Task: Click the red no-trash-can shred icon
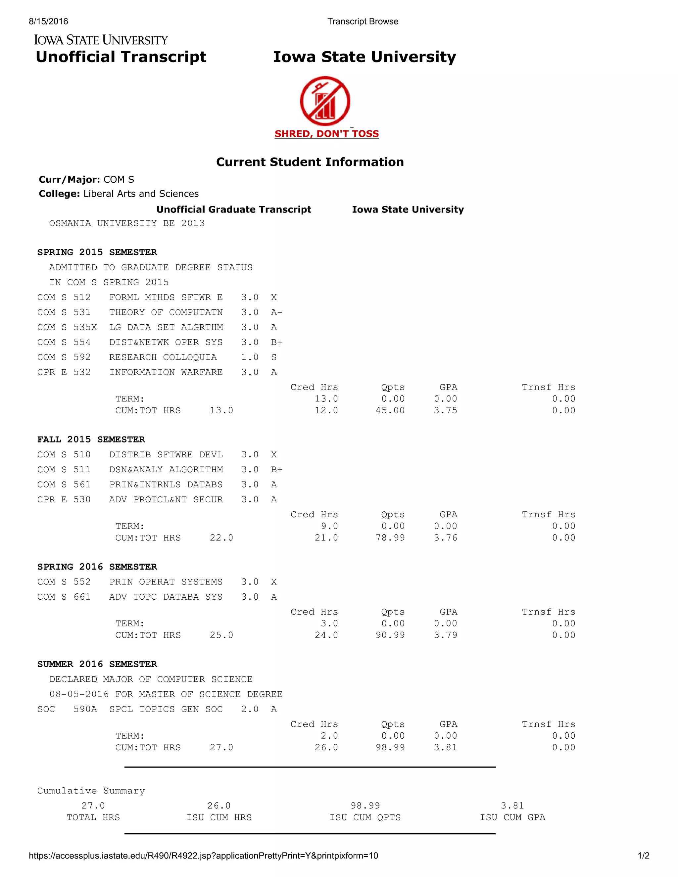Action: tap(325, 101)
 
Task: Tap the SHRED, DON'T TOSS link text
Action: tap(326, 134)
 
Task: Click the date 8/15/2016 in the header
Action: tap(48, 21)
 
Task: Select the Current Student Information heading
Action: tap(310, 162)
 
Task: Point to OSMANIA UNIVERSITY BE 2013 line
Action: tap(126, 223)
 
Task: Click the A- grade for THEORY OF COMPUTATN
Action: tap(276, 312)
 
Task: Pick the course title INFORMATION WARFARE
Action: tap(166, 372)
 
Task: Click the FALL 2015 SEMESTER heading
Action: tap(91, 439)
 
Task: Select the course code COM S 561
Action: tap(64, 485)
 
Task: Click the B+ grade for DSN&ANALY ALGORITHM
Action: tap(276, 469)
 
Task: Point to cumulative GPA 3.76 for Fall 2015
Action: tap(446, 538)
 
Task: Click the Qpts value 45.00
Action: tap(390, 410)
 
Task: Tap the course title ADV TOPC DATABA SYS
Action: tap(166, 597)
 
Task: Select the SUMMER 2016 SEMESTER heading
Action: tap(97, 664)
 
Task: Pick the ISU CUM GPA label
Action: tap(512, 817)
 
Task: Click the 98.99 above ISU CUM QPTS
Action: tap(365, 806)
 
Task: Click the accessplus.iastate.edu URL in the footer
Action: tap(203, 856)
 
